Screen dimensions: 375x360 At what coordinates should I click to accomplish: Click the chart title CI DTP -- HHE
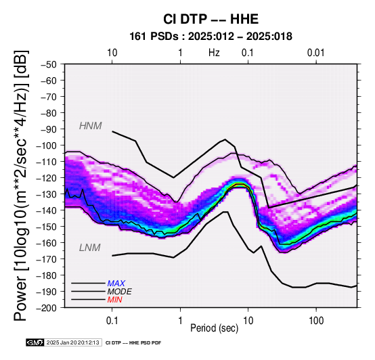coord(211,19)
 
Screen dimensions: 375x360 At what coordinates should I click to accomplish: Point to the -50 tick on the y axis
coord(49,64)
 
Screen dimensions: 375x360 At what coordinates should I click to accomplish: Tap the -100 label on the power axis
coord(47,145)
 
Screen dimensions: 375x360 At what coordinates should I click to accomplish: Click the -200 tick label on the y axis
coord(47,308)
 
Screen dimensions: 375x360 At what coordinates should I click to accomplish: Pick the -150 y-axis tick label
coord(47,227)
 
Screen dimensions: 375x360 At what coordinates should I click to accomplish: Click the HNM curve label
coord(91,126)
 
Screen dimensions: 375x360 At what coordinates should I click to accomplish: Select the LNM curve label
coord(89,248)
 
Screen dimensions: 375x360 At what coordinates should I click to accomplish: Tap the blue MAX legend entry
coord(116,284)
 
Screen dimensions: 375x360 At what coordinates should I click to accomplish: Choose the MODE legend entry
coord(119,292)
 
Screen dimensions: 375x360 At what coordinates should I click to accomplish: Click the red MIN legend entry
coord(114,300)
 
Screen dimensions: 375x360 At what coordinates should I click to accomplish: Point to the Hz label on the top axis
coord(214,53)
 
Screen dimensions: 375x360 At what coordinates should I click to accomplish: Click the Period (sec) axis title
coord(215,328)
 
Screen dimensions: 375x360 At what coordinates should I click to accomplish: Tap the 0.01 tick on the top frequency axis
coord(316,53)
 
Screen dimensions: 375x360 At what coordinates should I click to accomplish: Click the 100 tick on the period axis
coord(316,321)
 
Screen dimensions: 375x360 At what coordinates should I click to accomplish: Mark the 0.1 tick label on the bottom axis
coord(112,321)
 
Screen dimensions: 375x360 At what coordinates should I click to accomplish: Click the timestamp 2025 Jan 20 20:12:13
coord(72,343)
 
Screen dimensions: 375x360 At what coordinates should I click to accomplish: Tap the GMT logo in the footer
coord(35,343)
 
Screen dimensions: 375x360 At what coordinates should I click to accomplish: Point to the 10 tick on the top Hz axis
coord(112,53)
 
